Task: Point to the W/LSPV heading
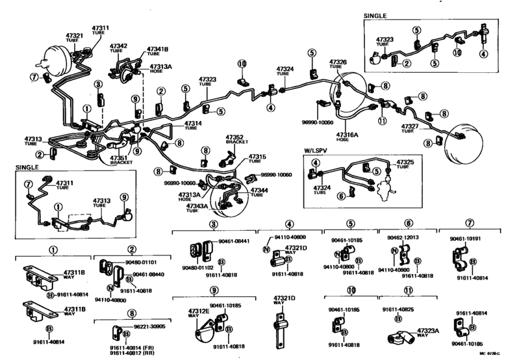point(316,150)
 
